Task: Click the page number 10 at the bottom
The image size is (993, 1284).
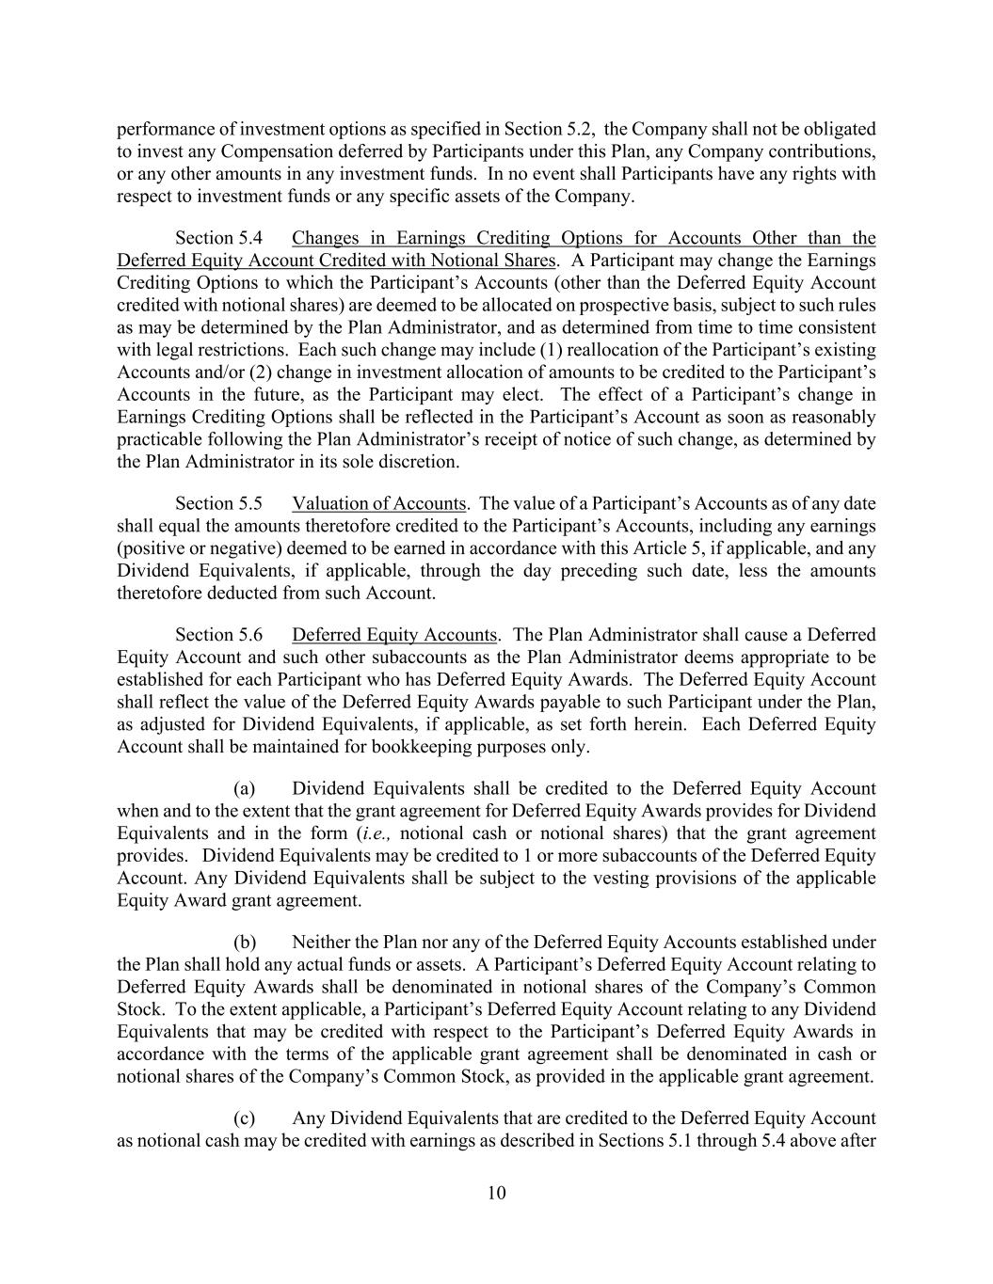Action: [x=496, y=1194]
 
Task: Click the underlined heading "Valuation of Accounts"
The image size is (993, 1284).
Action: [x=378, y=503]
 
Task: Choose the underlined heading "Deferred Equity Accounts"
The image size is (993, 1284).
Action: [x=393, y=635]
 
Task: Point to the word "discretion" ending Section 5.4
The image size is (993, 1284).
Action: [x=419, y=462]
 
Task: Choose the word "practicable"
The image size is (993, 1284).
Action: [x=159, y=439]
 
